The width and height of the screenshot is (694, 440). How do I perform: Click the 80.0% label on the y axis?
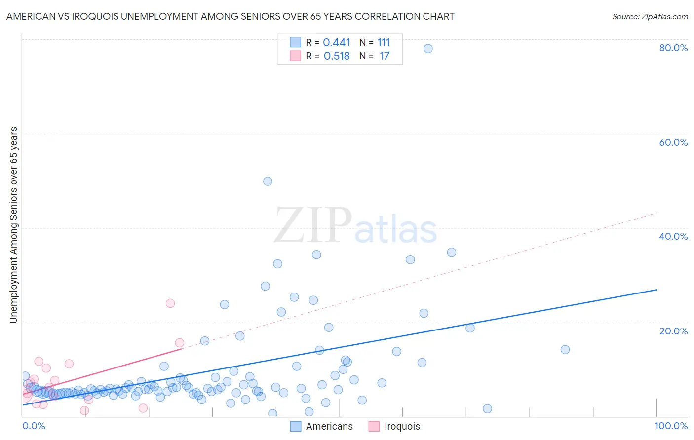[673, 48]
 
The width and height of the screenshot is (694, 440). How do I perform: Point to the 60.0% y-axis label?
[673, 142]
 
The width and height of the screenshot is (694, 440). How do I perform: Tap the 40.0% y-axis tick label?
[673, 236]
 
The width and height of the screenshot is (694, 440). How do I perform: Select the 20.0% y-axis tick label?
[673, 330]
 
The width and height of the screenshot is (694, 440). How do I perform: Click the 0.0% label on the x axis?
[34, 426]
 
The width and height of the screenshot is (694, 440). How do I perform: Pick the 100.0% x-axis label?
[671, 426]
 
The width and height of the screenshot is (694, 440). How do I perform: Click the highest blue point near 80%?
[428, 48]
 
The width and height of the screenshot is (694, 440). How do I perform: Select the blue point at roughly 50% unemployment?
[268, 181]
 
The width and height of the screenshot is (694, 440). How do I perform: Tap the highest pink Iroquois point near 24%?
[170, 303]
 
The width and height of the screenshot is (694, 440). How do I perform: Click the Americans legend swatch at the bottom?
[296, 426]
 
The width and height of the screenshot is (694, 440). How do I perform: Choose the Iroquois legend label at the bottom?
[402, 426]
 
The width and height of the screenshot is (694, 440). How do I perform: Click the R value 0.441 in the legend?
[336, 43]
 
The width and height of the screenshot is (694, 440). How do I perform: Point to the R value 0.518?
[337, 56]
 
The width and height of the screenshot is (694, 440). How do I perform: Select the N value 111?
[384, 43]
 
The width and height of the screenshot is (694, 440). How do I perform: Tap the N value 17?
[385, 56]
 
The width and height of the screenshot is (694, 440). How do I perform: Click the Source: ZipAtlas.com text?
[650, 16]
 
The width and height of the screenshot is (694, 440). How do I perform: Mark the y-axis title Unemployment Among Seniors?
[13, 225]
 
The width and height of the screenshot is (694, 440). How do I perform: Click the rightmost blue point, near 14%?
[565, 350]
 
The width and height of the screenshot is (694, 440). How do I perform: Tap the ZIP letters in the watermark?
[312, 225]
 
